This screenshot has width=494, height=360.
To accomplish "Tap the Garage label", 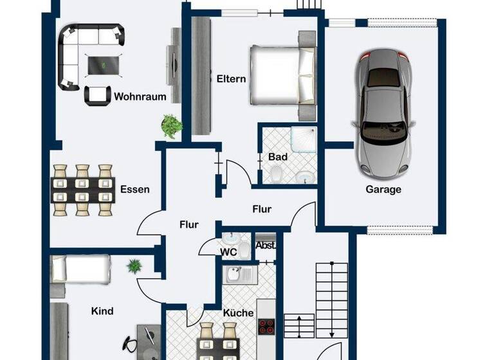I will tap(383, 189).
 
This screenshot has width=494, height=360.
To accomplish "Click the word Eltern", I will tap(231, 79).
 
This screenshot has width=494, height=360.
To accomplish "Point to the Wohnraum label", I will tap(140, 97).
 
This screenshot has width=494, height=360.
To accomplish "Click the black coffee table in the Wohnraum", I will tap(103, 64).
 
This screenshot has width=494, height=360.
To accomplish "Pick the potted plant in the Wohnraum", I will tap(170, 125).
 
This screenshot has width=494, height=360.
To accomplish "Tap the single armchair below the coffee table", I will tap(97, 94).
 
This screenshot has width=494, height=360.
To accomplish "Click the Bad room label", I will tap(278, 157).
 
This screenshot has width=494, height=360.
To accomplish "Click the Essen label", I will tap(134, 189).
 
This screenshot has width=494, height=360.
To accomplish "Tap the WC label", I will tap(229, 252).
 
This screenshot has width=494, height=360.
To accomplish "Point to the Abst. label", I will tap(265, 245).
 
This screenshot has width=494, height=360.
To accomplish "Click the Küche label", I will tap(237, 312).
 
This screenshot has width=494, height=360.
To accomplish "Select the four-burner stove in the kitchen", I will tap(266, 327).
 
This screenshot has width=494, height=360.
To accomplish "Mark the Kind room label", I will tap(102, 311).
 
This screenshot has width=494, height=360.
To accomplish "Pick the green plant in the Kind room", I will tap(134, 265).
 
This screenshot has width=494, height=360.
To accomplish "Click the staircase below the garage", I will tap(332, 296).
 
